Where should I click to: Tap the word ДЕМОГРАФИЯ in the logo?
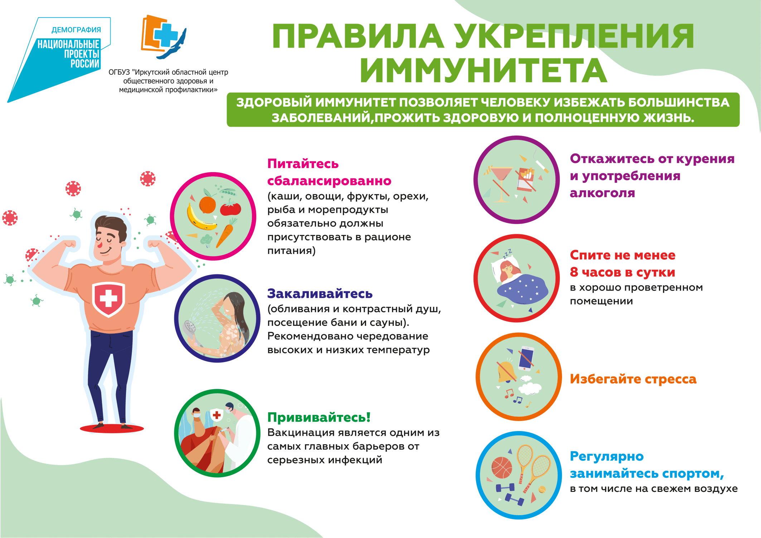pyautogui.click(x=76, y=30)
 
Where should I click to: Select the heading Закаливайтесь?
pyautogui.click(x=320, y=294)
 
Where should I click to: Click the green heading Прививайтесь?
pyautogui.click(x=319, y=417)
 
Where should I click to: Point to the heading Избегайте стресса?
pyautogui.click(x=633, y=379)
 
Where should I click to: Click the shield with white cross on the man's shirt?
pyautogui.click(x=108, y=299)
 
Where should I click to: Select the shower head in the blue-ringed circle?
pyautogui.click(x=189, y=327)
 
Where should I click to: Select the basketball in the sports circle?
pyautogui.click(x=502, y=467)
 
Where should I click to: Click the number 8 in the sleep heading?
pyautogui.click(x=574, y=272)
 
